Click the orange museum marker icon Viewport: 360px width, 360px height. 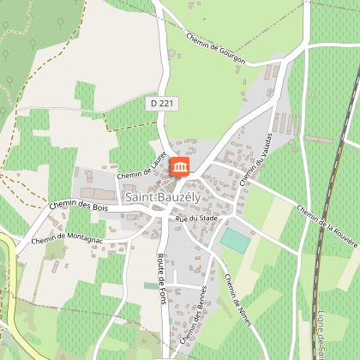(x=181, y=165)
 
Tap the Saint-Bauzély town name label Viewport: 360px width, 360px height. (x=164, y=198)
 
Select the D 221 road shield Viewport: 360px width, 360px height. (x=161, y=103)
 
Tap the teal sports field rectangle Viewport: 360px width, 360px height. (x=236, y=240)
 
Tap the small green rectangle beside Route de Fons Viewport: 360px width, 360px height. (x=151, y=285)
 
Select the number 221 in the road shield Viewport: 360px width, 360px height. (x=165, y=103)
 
